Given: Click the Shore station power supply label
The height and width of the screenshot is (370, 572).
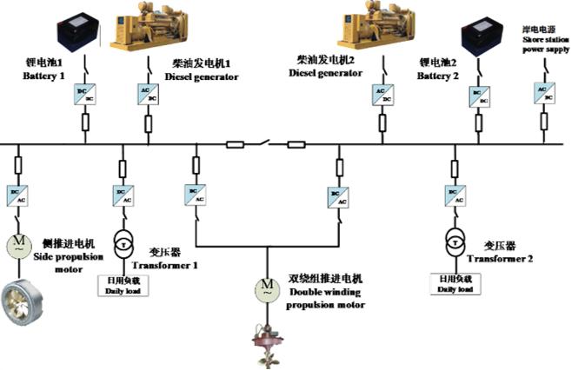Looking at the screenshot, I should (543, 44).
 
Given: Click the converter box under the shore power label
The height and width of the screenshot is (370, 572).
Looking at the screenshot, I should (542, 93).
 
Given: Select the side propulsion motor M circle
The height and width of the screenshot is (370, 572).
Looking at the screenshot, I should (17, 244).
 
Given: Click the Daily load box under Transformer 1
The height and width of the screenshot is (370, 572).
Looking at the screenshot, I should (122, 285).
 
